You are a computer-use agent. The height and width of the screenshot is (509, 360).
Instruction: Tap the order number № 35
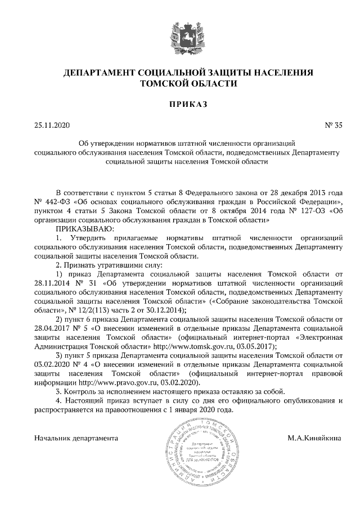(x=333, y=126)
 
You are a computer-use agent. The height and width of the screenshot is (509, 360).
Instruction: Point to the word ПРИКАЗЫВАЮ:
(x=84, y=229)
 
